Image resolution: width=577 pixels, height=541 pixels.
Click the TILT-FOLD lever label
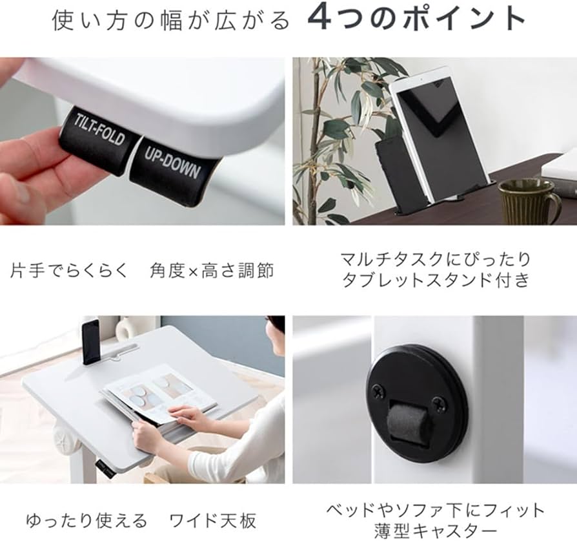pyautogui.click(x=99, y=133)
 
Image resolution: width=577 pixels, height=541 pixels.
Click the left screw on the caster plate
pyautogui.click(x=378, y=391)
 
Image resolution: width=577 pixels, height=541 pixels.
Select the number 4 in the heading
pyautogui.click(x=320, y=19)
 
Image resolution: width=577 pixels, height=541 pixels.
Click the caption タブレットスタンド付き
pyautogui.click(x=435, y=281)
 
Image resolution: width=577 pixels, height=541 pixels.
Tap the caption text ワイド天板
pyautogui.click(x=213, y=520)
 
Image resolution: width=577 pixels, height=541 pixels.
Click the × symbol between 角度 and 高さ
pyautogui.click(x=192, y=270)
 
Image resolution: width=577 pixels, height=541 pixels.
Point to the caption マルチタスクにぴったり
pyautogui.click(x=435, y=259)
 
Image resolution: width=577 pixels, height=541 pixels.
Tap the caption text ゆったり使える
pyautogui.click(x=86, y=520)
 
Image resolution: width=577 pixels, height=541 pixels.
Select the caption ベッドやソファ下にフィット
pyautogui.click(x=435, y=511)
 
